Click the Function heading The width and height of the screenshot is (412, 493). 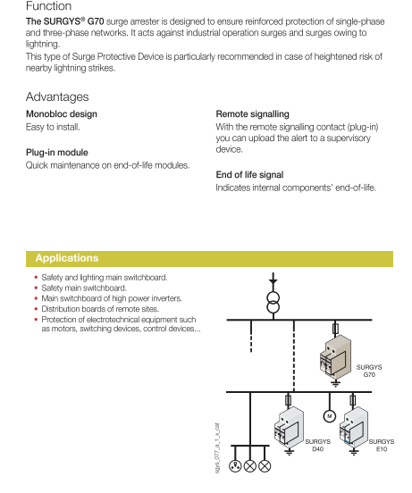[49, 5]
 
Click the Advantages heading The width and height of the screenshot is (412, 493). [57, 96]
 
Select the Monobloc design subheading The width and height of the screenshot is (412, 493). [62, 113]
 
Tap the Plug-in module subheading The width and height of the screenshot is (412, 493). [57, 152]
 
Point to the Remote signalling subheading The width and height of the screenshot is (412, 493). [253, 113]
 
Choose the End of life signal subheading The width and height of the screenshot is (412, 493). [249, 174]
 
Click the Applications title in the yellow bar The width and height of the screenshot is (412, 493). [67, 258]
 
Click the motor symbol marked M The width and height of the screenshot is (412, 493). [329, 416]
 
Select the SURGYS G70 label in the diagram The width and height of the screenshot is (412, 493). [369, 371]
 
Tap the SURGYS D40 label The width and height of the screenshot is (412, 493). [317, 445]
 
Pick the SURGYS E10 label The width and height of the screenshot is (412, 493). [382, 445]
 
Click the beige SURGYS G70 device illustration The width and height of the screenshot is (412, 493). [335, 357]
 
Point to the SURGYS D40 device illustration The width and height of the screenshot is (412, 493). [289, 428]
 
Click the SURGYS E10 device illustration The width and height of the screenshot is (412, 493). [354, 428]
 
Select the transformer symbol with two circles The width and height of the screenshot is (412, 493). [273, 303]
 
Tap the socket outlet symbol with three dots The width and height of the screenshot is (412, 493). [235, 465]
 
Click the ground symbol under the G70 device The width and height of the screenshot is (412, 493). [335, 383]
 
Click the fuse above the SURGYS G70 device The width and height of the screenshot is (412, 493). [335, 329]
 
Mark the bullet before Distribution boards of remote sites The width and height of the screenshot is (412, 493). [36, 309]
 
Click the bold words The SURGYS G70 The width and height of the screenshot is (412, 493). [64, 21]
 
